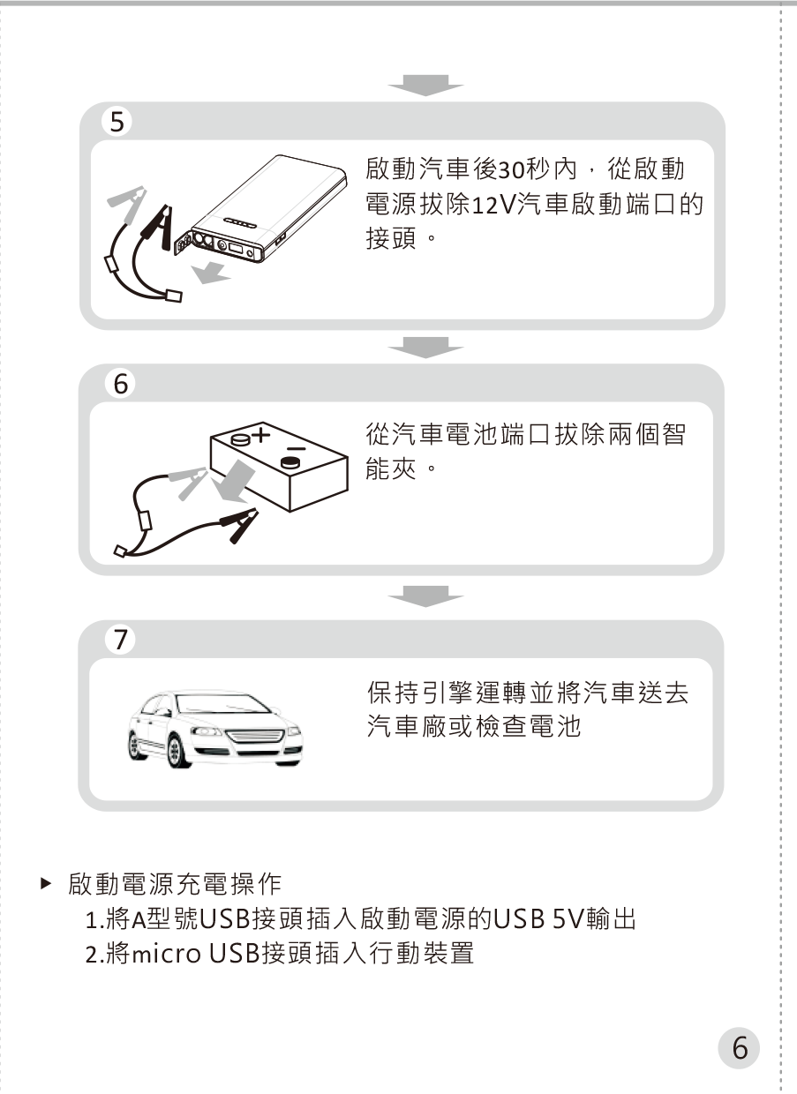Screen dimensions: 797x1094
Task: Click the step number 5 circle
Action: click(117, 122)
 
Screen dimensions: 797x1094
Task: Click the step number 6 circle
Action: click(120, 384)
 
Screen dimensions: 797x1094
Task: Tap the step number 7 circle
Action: click(120, 640)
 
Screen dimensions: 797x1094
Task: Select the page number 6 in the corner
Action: click(739, 1048)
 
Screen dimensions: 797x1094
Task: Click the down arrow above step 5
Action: click(425, 85)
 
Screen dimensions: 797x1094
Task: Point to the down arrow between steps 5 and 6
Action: click(425, 348)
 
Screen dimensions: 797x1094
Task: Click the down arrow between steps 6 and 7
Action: click(425, 596)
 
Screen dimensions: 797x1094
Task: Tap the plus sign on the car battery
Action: click(261, 434)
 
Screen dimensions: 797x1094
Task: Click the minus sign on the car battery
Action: click(296, 449)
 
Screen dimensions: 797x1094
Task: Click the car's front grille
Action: click(253, 736)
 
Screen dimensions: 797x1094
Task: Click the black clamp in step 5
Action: click(160, 227)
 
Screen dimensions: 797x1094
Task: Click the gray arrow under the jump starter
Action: click(211, 273)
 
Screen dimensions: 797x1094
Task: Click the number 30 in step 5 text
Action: click(512, 169)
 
